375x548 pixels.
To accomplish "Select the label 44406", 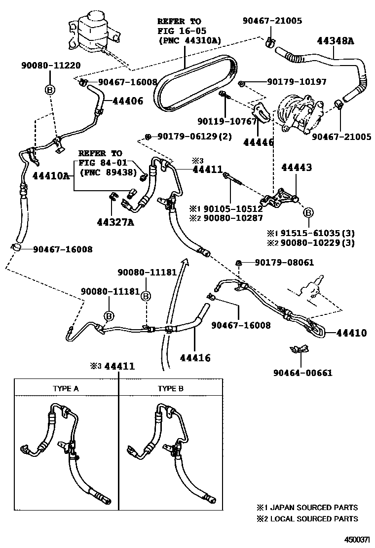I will (127, 101).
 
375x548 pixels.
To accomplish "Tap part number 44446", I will (259, 142).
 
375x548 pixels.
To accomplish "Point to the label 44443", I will (296, 168).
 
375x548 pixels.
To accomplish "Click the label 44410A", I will (52, 175).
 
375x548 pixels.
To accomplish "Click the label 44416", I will (195, 358).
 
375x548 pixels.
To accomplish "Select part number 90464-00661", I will (302, 373).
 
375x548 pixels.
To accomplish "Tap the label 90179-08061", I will (284, 263).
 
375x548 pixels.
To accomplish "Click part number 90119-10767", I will (227, 121).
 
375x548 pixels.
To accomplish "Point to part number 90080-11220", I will (51, 65).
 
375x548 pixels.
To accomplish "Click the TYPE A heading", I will (66, 388).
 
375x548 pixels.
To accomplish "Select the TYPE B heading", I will (171, 388).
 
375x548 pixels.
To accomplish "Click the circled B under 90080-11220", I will (50, 90).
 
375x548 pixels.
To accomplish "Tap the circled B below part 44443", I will (308, 212).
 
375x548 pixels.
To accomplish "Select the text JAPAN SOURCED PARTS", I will (313, 507).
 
